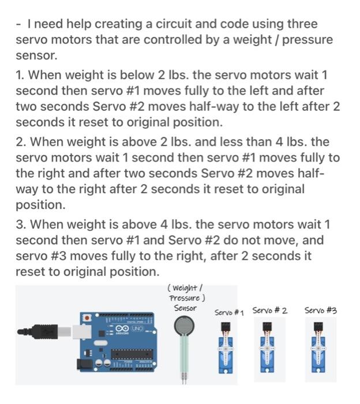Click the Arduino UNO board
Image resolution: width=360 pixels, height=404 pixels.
tap(118, 341)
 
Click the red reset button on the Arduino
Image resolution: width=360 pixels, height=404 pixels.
tap(87, 317)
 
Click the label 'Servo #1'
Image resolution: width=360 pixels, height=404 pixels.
tap(229, 312)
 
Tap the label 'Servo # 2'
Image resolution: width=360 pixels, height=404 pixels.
tap(269, 311)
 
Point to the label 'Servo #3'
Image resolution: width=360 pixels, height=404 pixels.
tap(320, 311)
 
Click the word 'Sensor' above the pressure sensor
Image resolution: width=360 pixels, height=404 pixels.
tap(185, 308)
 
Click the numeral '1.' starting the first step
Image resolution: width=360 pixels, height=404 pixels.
tap(21, 75)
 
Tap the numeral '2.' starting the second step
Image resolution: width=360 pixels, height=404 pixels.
tap(21, 142)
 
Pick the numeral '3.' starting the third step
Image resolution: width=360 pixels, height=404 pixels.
tap(21, 225)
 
